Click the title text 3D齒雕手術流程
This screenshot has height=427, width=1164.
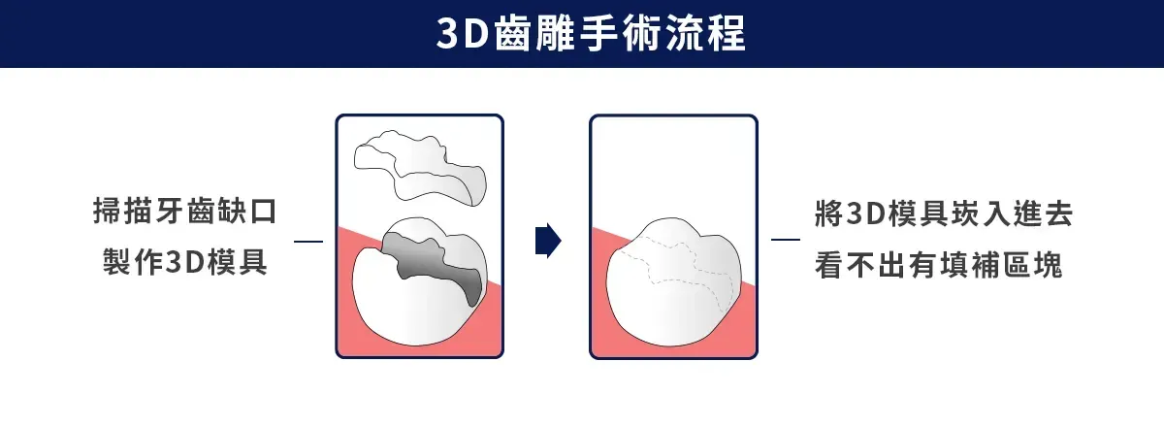[591, 33]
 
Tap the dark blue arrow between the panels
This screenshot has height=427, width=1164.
[548, 241]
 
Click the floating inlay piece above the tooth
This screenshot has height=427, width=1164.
[420, 167]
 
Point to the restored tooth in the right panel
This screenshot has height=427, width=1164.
[673, 281]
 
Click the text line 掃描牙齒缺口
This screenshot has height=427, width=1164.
[185, 212]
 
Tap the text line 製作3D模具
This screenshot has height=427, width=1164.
[185, 262]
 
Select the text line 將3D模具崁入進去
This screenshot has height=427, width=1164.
[944, 213]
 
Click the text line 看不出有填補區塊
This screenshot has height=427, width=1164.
[939, 265]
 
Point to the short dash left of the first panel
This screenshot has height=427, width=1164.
[308, 242]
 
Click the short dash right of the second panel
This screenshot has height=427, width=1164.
[785, 240]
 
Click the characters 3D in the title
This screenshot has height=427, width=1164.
[462, 34]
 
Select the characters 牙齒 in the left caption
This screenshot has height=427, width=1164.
[185, 212]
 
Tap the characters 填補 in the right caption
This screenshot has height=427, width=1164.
[970, 265]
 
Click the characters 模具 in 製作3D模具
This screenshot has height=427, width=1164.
[238, 262]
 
